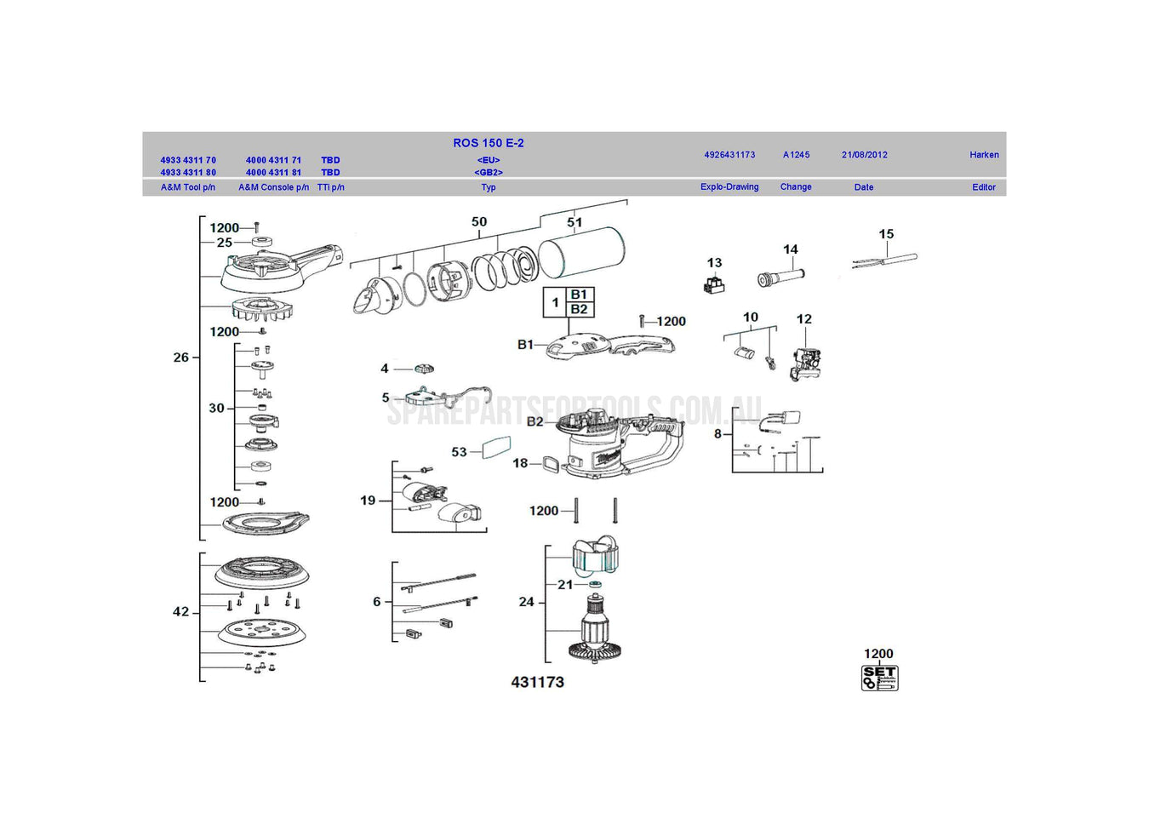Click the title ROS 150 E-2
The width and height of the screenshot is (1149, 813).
click(488, 143)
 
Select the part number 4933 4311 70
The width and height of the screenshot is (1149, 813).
click(188, 160)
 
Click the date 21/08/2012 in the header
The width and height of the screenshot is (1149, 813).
click(864, 155)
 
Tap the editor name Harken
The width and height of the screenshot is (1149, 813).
click(983, 155)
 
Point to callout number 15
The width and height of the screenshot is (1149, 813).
click(886, 234)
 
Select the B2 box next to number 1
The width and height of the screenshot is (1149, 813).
click(579, 309)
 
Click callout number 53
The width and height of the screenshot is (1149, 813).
click(459, 452)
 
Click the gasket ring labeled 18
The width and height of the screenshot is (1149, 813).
click(552, 464)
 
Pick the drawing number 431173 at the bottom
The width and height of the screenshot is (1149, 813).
click(537, 682)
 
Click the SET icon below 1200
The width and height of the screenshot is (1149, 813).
click(879, 678)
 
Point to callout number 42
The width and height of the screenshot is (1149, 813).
click(180, 611)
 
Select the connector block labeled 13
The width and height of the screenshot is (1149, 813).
click(714, 285)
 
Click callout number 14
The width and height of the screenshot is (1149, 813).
click(790, 249)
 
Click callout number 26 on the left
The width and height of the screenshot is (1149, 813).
click(180, 358)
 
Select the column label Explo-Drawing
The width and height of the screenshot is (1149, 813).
click(729, 187)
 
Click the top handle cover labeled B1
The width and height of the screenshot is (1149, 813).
click(609, 345)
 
